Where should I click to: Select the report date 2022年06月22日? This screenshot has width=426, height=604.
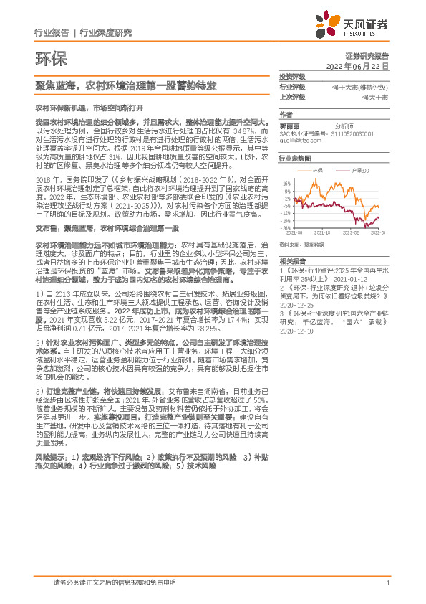click(362, 65)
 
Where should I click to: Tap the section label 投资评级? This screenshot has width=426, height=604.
click(292, 76)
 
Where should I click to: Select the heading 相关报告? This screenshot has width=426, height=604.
click(293, 262)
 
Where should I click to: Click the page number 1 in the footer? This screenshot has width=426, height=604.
click(387, 582)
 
